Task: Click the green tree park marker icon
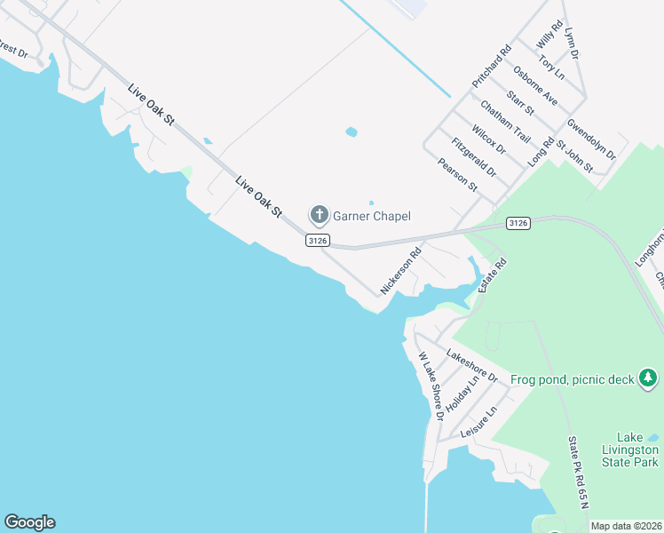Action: point(649,379)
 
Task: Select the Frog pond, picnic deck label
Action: point(573,380)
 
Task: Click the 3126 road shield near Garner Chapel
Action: point(318,240)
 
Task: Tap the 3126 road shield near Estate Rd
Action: point(518,223)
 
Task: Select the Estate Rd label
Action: point(493,276)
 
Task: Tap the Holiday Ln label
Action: point(462,392)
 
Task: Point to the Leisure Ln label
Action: point(479,420)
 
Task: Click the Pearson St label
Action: point(458,175)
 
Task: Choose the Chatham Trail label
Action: point(505,122)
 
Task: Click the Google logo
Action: point(29,522)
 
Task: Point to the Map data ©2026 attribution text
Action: point(626,526)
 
